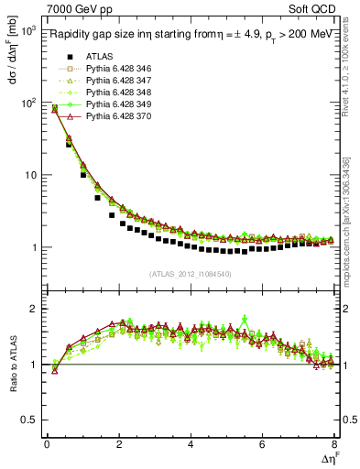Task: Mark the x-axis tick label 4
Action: [191, 444]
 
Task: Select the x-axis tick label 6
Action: [263, 444]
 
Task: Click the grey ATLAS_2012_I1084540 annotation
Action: [191, 274]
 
